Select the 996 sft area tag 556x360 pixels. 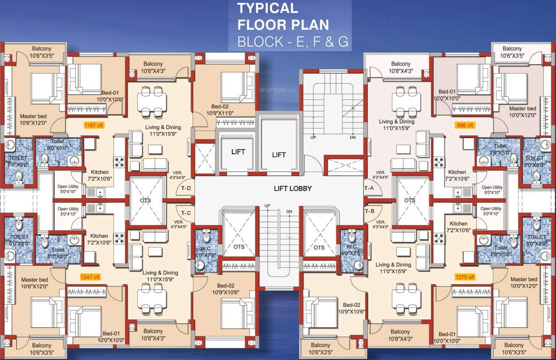pos(464,125)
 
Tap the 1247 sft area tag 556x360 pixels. pos(90,277)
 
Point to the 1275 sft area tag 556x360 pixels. pos(465,277)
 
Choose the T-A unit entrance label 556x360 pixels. pos(369,188)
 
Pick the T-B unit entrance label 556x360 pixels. pos(369,211)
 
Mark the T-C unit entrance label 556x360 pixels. pos(186,213)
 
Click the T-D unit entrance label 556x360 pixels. pos(186,188)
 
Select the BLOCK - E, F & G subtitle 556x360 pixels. pos(293,42)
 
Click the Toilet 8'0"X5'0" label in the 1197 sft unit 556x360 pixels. pos(58,144)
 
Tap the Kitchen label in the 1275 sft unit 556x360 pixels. pos(458,227)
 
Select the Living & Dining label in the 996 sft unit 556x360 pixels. pos(396,125)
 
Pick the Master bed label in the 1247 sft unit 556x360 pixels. pos(34,283)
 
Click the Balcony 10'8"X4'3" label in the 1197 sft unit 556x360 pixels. pos(153,67)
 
